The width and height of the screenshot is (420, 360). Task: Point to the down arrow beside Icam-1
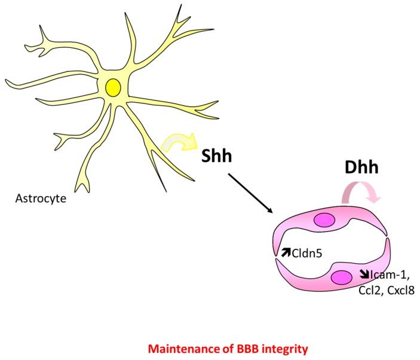pos(364,275)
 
